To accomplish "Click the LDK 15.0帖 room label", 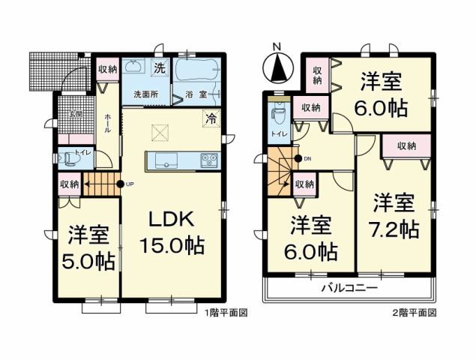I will point(175,232).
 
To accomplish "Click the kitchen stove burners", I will point(208,160).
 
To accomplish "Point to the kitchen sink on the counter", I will point(165,160).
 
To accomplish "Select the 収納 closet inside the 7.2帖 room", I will point(407,145).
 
